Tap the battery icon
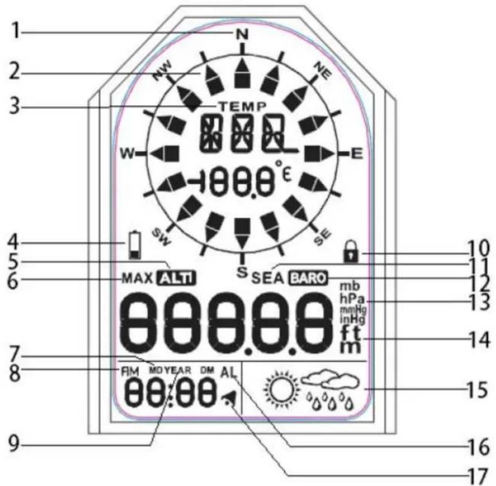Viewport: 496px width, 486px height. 135,244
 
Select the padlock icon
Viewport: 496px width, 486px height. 349,250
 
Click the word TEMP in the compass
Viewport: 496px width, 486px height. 241,106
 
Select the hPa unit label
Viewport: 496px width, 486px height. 350,298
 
